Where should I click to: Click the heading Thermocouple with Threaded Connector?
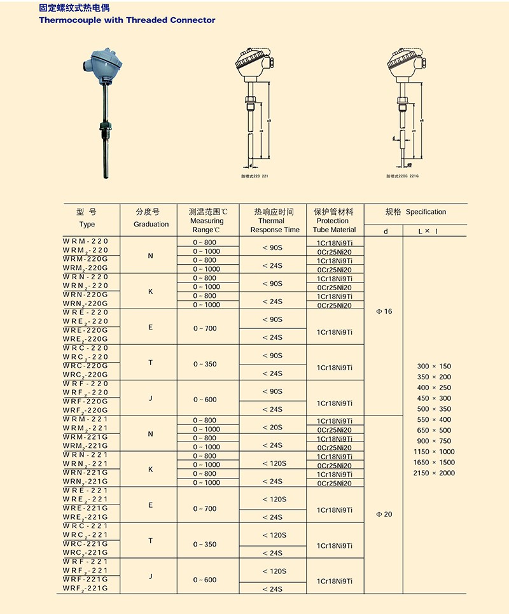127,20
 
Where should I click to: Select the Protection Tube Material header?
334,221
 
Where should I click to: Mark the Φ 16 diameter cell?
384,311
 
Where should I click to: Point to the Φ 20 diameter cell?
384,514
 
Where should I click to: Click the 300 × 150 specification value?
434,366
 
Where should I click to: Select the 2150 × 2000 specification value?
434,473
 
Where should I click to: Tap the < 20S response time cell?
274,428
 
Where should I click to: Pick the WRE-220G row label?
86,330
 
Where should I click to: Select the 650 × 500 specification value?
434,430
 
